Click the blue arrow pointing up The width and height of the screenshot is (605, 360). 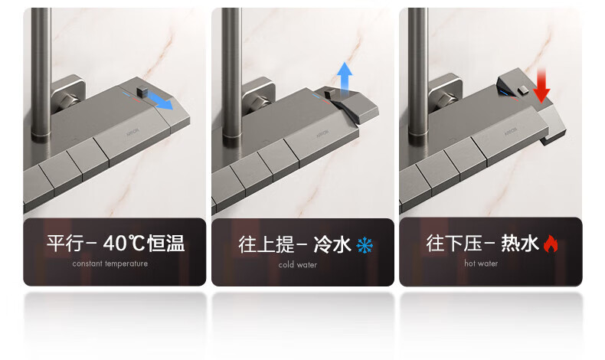(344, 78)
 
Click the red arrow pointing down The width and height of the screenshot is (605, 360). (541, 86)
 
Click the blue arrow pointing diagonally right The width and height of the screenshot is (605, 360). (160, 100)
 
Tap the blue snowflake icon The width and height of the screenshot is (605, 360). (365, 245)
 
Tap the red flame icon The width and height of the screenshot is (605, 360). (551, 244)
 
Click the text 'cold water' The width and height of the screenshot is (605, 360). (297, 265)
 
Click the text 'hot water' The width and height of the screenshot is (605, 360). (481, 263)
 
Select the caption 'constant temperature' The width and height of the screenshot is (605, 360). (110, 264)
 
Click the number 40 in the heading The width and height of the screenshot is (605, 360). (115, 243)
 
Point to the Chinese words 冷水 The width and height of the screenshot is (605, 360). (332, 244)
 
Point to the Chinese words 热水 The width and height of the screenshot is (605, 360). (520, 244)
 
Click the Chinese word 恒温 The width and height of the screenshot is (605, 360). (166, 243)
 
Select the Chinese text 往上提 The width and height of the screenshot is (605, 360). (267, 244)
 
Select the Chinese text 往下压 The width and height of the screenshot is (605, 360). (454, 244)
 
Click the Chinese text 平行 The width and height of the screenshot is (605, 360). (65, 243)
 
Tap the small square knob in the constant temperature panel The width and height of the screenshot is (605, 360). (142, 91)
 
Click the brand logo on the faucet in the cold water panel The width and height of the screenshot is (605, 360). (322, 134)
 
